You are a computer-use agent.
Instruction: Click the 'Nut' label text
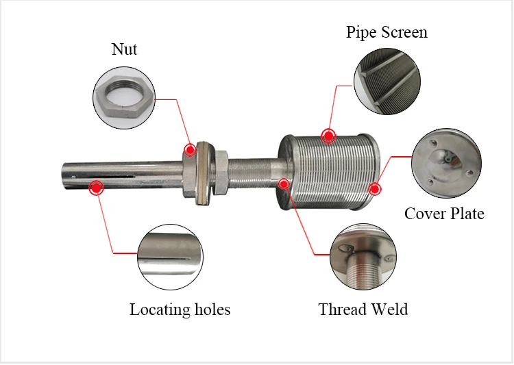tap(125, 49)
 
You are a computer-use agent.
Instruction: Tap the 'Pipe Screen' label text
tap(387, 32)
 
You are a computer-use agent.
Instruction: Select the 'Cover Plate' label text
tap(444, 214)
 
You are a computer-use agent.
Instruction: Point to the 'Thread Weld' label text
tap(363, 309)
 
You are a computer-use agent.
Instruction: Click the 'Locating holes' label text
tap(180, 310)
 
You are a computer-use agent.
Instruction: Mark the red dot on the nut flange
tap(190, 150)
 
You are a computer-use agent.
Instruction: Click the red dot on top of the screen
tap(330, 134)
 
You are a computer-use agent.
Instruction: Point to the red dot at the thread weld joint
tap(284, 183)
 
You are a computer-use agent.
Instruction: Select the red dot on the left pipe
tap(96, 187)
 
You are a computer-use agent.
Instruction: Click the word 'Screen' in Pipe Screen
tap(404, 32)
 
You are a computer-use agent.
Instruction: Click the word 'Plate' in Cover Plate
tap(465, 214)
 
